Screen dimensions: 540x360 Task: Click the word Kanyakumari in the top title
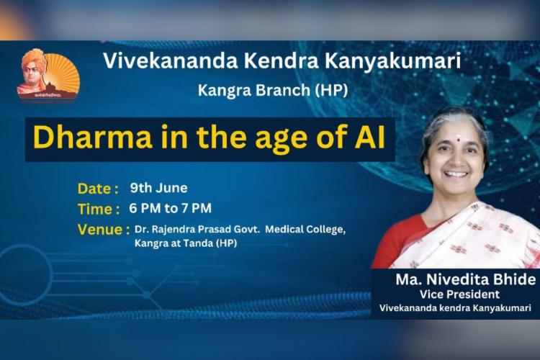coord(392,62)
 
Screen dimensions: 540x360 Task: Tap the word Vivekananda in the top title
coord(171,60)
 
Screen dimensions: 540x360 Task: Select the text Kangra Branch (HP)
coord(273,90)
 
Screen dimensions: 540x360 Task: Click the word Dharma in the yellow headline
coord(93,138)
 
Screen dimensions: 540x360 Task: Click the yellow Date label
coord(98,189)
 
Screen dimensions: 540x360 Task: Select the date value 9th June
coord(159,188)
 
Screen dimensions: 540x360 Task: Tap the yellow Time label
coord(99,209)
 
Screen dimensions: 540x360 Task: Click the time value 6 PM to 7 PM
coord(171,208)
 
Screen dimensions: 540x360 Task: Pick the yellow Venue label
coord(104,230)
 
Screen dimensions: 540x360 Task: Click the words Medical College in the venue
coord(305,229)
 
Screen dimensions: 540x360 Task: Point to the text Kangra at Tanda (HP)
coord(186,243)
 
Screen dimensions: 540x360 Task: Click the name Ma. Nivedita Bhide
coord(466,279)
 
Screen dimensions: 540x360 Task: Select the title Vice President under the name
coord(459,294)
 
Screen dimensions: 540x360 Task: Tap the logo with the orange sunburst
coord(48,76)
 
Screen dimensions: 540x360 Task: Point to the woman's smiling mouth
coord(456,174)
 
